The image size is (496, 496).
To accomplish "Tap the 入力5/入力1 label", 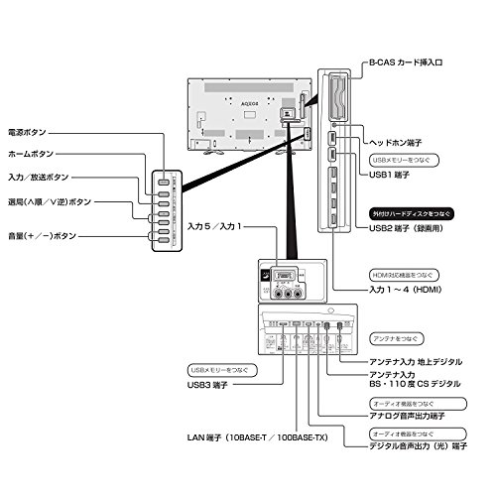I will pos(213,227).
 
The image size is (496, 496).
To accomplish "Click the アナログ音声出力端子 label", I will pos(403,417).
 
